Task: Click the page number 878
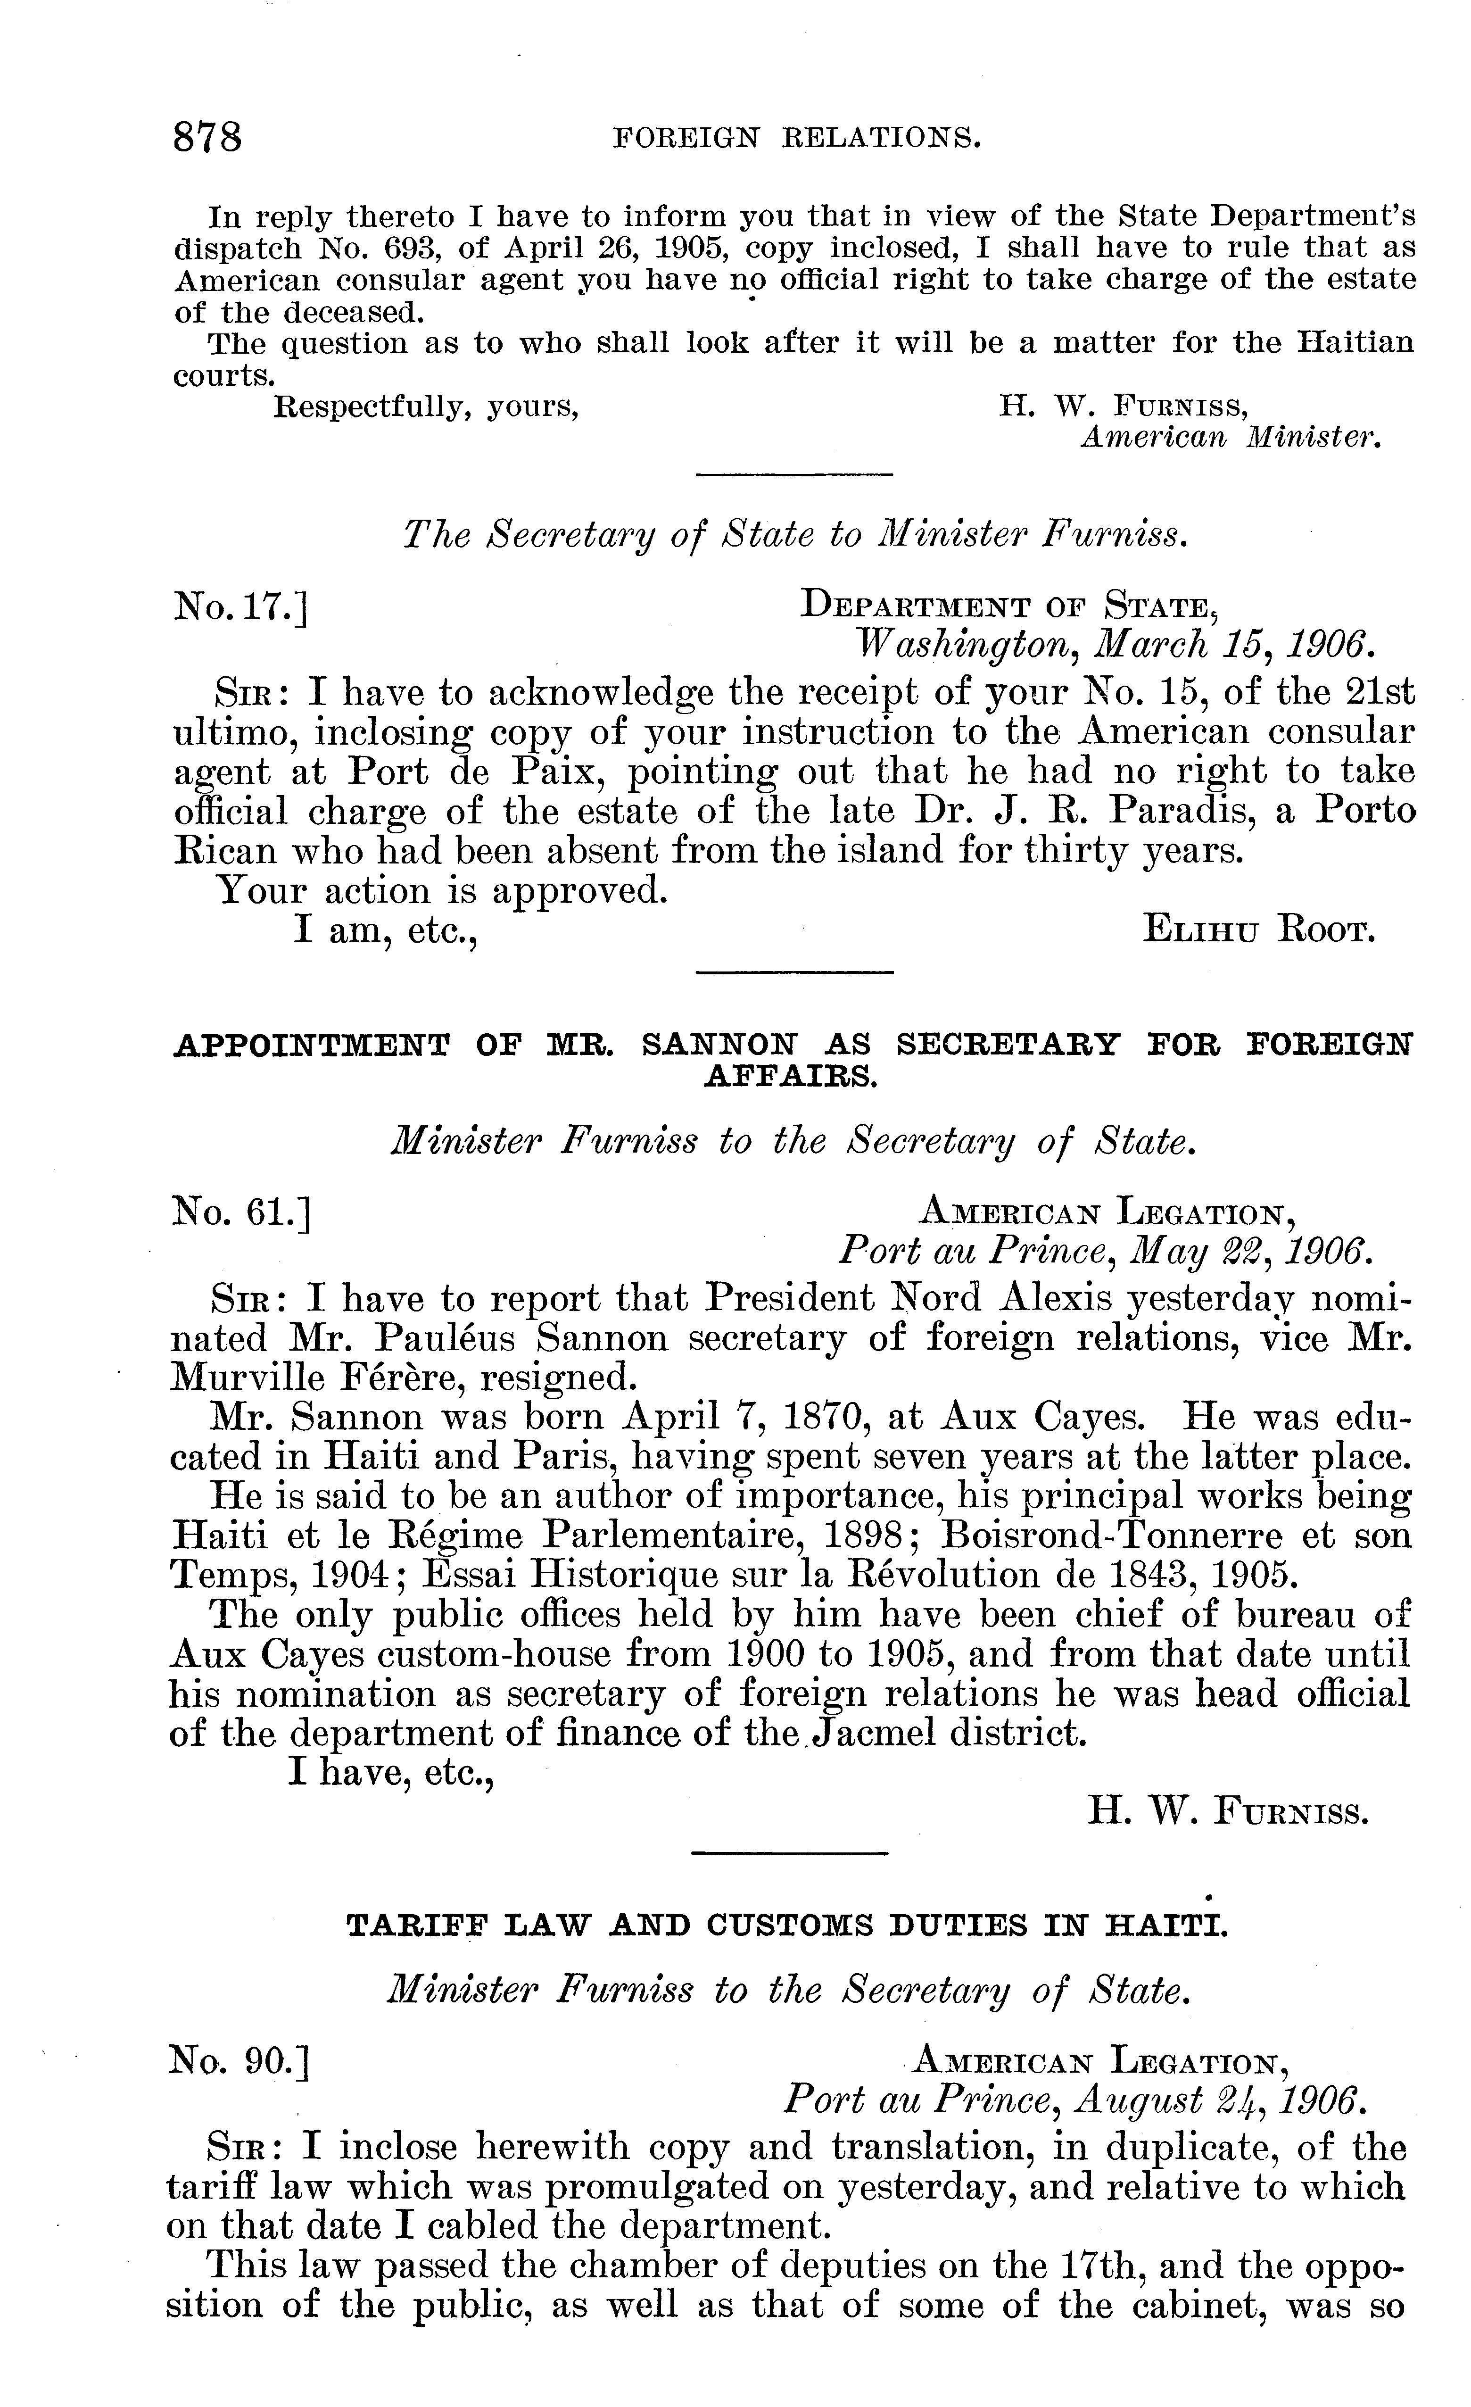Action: (x=207, y=137)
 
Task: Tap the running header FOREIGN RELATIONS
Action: (x=796, y=139)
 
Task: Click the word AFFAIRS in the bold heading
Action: (x=792, y=1077)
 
